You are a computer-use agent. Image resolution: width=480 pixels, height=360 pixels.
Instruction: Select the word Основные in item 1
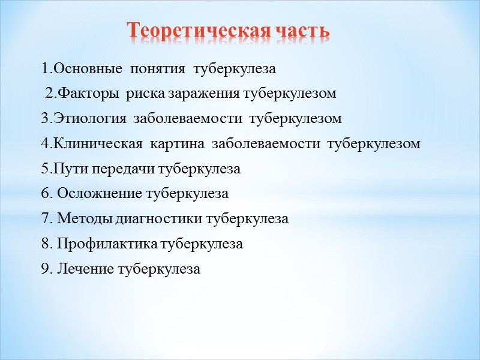coord(80,68)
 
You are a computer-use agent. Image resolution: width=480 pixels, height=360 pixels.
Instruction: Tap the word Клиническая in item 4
coord(95,144)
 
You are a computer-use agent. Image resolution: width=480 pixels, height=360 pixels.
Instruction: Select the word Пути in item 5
coord(67,169)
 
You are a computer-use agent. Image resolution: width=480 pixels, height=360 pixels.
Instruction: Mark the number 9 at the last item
coord(45,270)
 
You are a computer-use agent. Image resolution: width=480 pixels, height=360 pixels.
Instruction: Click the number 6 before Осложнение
coord(45,194)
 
